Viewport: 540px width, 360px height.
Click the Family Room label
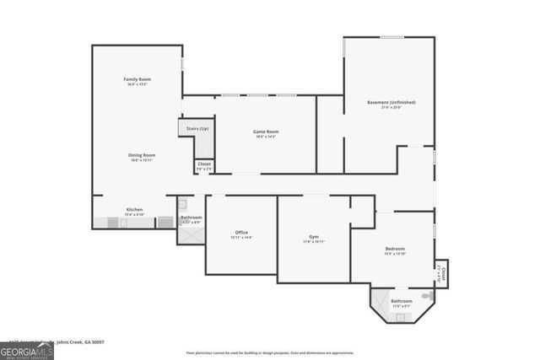coord(137,79)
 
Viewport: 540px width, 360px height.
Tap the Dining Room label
coord(142,155)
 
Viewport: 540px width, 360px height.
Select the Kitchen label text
coord(135,209)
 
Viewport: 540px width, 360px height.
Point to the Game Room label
coord(266,132)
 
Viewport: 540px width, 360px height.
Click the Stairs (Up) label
coord(197,128)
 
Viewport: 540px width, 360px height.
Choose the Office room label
coord(241,233)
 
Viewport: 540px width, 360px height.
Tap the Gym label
coord(314,237)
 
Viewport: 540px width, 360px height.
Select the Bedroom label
coord(395,249)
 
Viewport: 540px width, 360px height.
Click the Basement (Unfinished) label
coord(391,102)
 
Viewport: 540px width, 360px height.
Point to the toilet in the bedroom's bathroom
coord(427,297)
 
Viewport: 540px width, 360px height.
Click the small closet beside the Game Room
coord(204,166)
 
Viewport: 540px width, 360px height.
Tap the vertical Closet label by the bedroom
coord(442,271)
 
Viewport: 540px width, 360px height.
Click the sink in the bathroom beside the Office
coord(181,203)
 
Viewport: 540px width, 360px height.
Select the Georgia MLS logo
coord(27,348)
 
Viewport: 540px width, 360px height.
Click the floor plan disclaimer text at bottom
coord(270,352)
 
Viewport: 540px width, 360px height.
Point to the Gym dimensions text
coord(314,242)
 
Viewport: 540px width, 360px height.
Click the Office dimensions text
coord(241,238)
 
